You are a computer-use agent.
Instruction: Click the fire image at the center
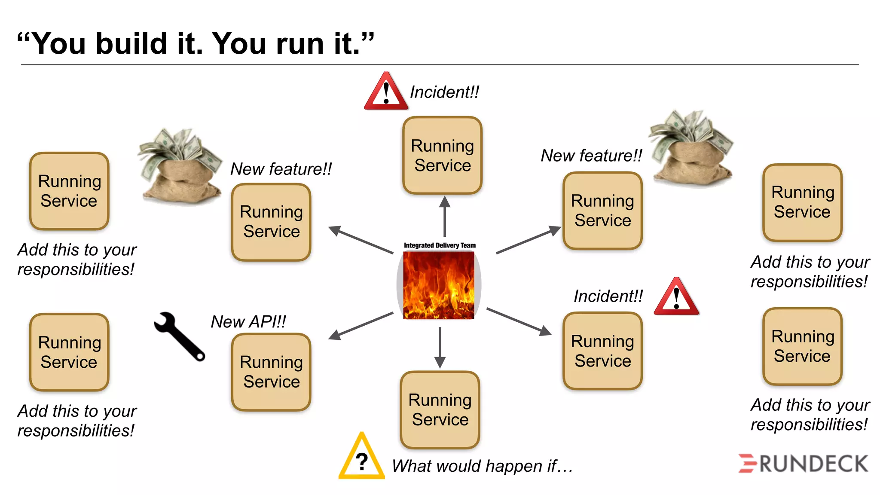click(x=439, y=285)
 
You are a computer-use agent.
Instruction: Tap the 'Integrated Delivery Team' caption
click(x=440, y=245)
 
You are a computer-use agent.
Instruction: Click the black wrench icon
click(x=179, y=336)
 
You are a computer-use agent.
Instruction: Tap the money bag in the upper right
click(x=691, y=148)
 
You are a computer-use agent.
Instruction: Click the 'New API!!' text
click(x=248, y=321)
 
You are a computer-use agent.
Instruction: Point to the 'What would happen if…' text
click(x=482, y=466)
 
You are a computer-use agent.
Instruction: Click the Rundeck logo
click(x=803, y=464)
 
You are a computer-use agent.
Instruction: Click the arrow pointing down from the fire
click(x=440, y=347)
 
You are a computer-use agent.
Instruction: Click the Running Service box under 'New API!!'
click(x=271, y=372)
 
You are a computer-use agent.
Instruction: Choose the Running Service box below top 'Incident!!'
click(x=443, y=156)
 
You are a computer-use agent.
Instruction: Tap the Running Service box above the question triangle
click(x=440, y=409)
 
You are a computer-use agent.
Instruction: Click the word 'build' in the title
click(x=131, y=44)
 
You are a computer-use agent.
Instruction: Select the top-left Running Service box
click(x=69, y=191)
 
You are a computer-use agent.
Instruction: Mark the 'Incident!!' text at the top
click(x=444, y=92)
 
